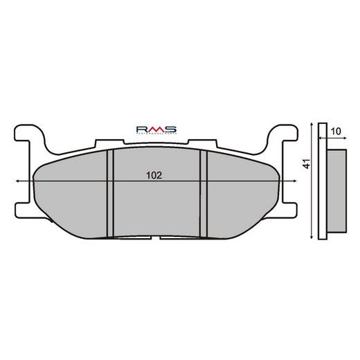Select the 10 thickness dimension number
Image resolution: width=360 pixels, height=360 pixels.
coord(334,131)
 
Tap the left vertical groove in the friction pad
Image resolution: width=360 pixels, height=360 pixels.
coord(109,194)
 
